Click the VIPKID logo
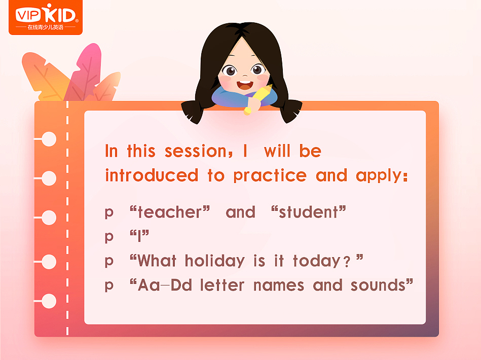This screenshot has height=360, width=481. point(45,17)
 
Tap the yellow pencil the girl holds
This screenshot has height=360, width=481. point(258,98)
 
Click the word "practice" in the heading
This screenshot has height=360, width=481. point(270,175)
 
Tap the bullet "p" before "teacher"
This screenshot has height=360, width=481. point(109,213)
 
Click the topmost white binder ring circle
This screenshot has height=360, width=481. point(49,139)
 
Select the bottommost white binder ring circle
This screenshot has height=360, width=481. point(49,301)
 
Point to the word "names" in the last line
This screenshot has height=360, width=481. point(278,285)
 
